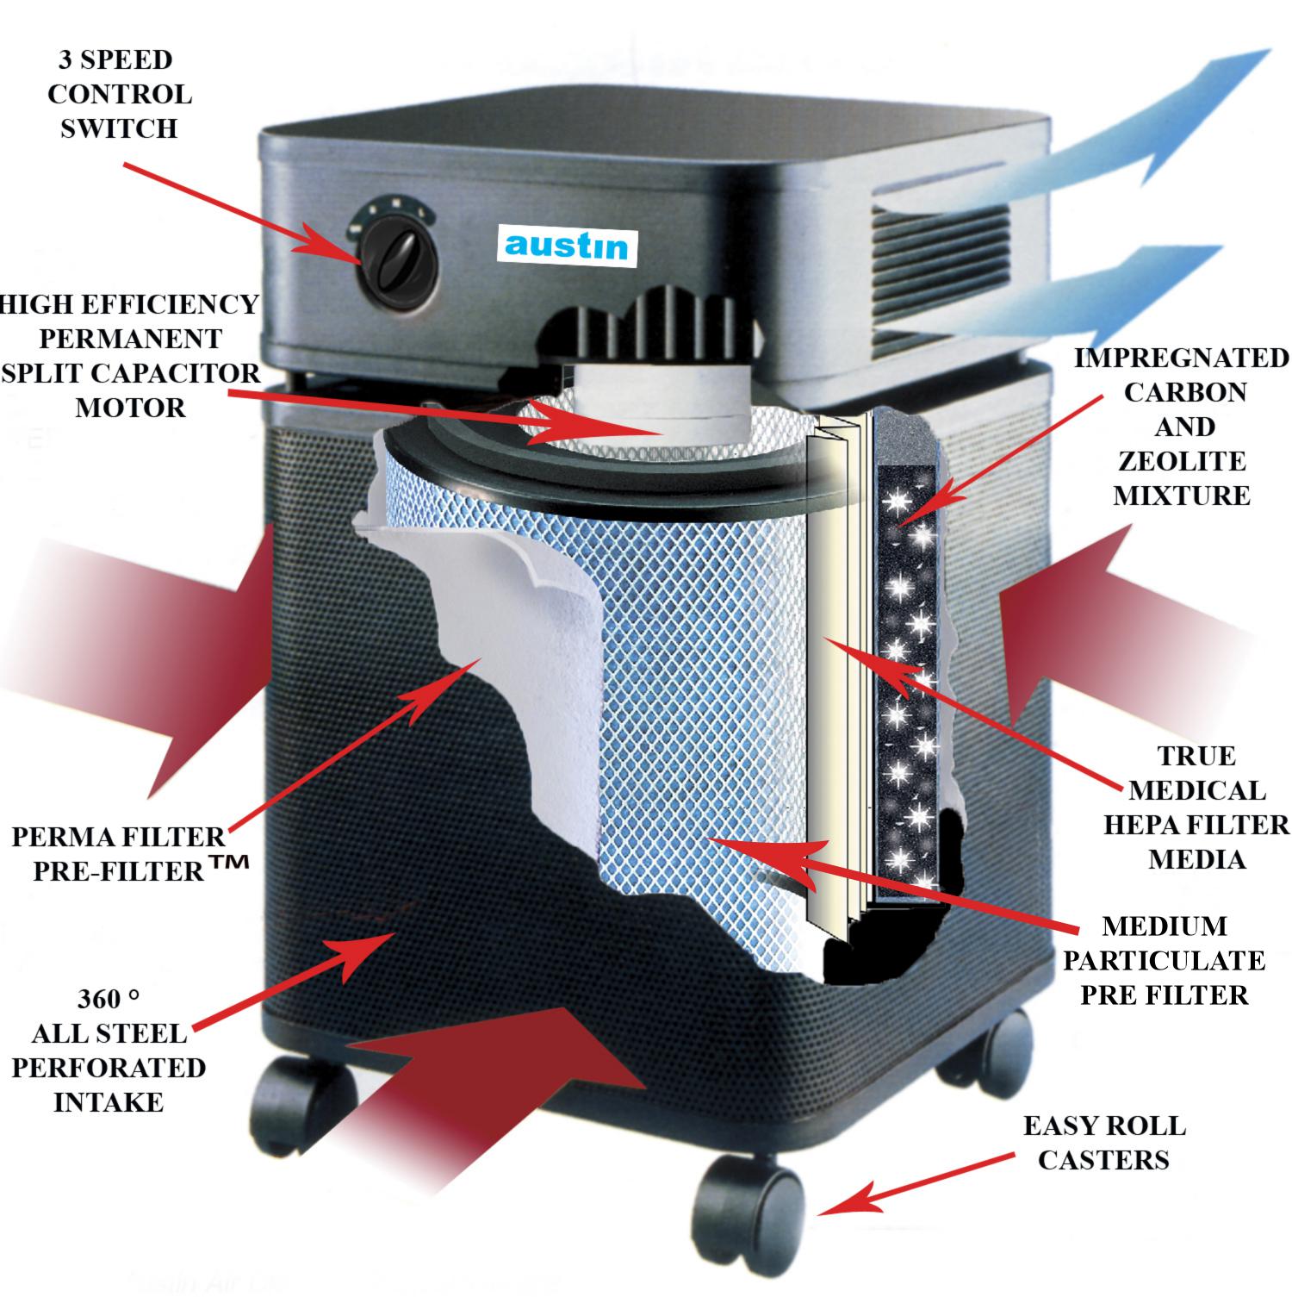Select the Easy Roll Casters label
(x=1103, y=1143)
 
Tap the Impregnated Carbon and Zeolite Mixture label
(x=1181, y=427)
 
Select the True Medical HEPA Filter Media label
(x=1196, y=807)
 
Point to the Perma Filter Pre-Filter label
(x=118, y=853)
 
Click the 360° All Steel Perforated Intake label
(x=109, y=1051)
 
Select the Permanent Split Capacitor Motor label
(x=129, y=355)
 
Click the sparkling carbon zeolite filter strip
(x=904, y=655)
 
